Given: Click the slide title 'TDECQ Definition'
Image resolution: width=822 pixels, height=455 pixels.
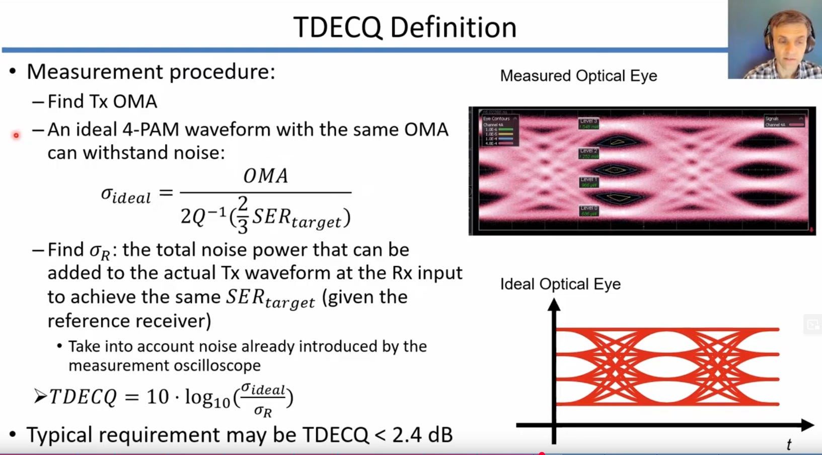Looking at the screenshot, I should (x=405, y=27).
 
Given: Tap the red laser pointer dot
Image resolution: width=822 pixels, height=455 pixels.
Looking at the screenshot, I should (x=16, y=135).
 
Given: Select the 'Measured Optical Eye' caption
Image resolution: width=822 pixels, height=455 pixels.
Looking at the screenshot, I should (x=578, y=76).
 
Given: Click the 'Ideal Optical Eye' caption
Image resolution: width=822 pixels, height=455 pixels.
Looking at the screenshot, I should (x=560, y=284).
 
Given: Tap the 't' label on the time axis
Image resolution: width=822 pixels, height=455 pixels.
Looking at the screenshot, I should (x=789, y=444).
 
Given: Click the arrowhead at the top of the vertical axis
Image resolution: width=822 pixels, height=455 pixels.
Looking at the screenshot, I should (x=554, y=305).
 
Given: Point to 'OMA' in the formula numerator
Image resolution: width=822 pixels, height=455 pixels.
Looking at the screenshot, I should (x=266, y=176).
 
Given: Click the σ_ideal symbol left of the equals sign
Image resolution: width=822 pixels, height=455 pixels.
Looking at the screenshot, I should (x=126, y=195).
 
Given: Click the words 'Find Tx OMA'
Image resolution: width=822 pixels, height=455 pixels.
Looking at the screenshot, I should (x=102, y=102).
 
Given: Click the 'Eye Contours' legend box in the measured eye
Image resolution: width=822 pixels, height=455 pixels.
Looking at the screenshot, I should (x=500, y=130).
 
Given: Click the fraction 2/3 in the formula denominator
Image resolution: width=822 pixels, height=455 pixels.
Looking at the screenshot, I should (x=243, y=215).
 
